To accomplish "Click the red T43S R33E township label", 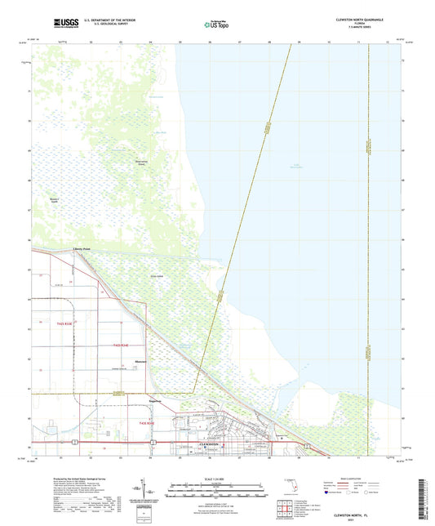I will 62,324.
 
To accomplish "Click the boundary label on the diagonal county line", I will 267,131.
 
